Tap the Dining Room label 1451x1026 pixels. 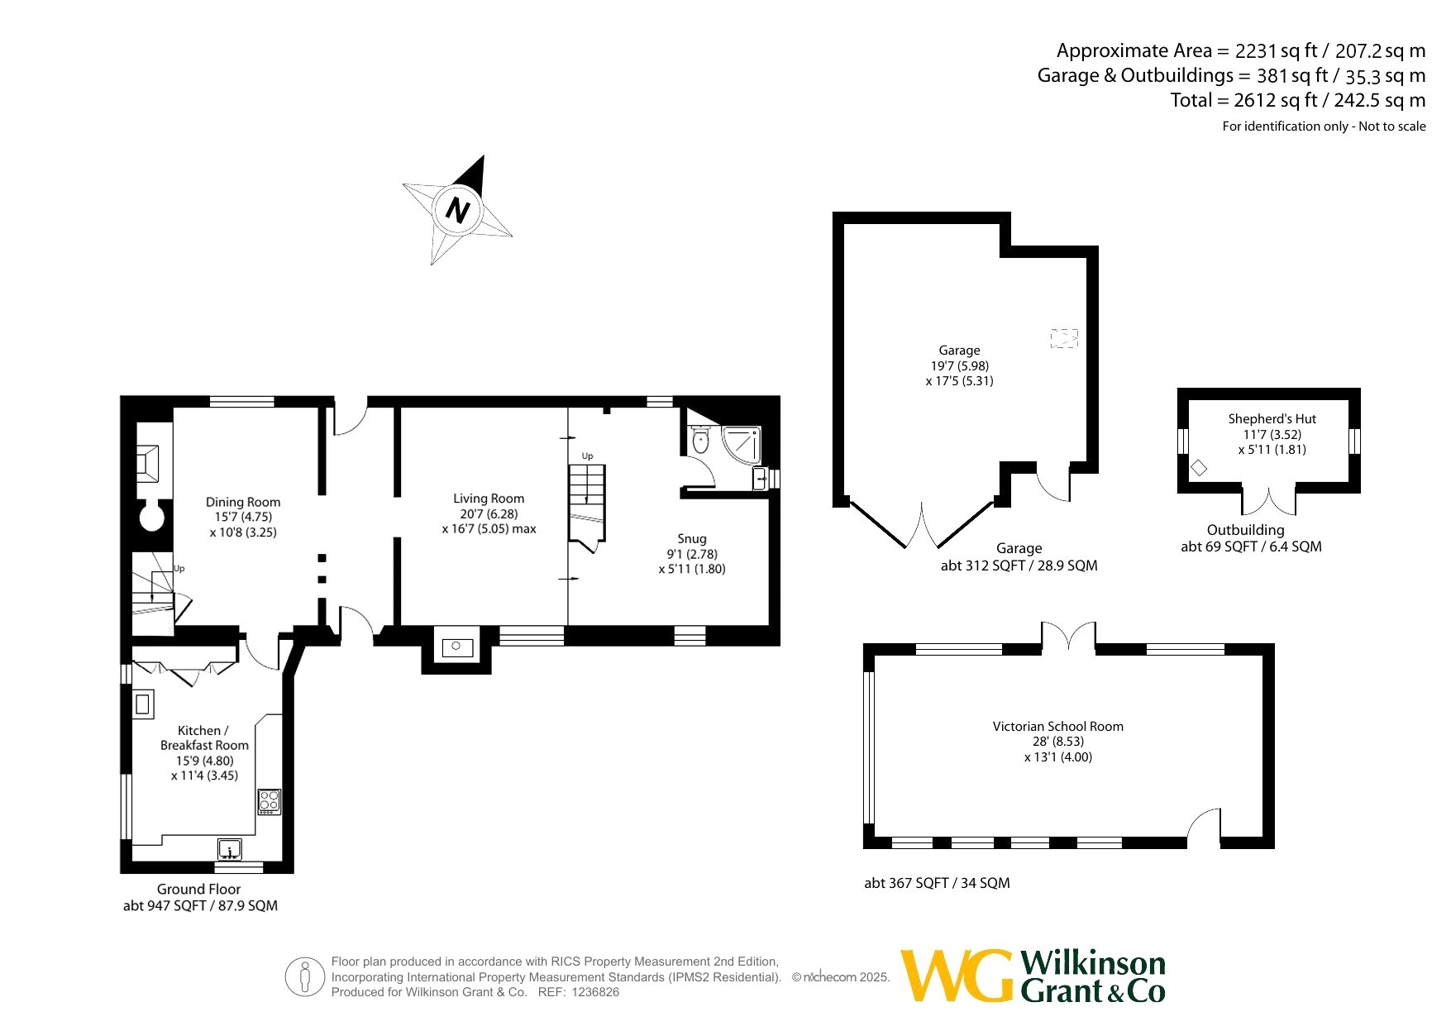243,502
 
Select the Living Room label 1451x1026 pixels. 489,499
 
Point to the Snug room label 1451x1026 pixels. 692,539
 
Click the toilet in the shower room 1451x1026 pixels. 700,439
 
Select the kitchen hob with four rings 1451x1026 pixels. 270,801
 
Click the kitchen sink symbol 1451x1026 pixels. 230,849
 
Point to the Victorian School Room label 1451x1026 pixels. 1058,727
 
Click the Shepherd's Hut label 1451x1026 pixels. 1272,419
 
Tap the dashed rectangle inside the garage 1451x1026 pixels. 1064,338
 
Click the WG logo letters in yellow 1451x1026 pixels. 957,976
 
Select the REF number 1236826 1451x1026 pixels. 593,992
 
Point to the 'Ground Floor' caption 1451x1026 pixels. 199,890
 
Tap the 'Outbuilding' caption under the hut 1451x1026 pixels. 1246,530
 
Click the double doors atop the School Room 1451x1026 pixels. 1069,637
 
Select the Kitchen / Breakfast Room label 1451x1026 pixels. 204,738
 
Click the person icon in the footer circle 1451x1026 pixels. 305,977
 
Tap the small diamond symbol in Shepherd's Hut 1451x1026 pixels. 1199,468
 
